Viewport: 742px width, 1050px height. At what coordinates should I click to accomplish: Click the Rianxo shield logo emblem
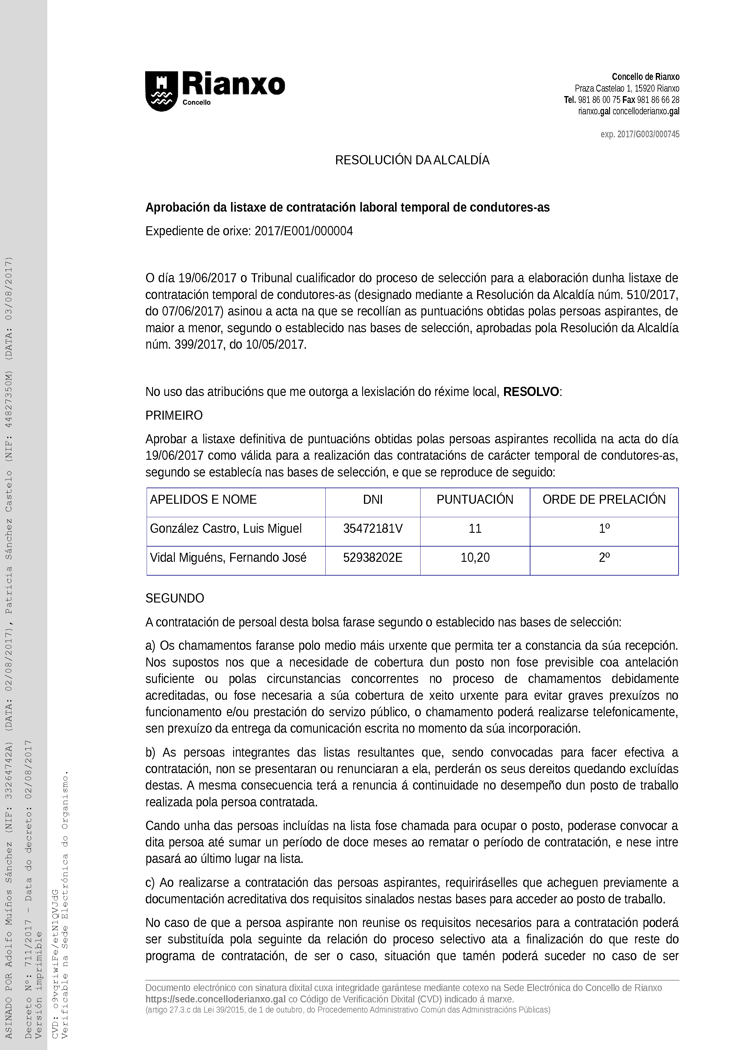click(161, 91)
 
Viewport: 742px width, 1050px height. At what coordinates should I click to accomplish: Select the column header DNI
click(373, 499)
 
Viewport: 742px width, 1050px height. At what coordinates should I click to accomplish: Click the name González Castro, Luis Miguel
click(226, 529)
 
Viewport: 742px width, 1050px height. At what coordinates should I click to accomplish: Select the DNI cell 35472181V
click(373, 529)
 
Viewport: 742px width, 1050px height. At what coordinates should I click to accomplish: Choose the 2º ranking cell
click(604, 557)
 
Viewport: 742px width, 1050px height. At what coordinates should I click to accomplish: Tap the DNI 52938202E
click(373, 557)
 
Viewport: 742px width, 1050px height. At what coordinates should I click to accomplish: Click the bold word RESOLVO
click(531, 392)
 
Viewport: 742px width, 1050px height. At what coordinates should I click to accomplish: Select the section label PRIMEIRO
click(174, 416)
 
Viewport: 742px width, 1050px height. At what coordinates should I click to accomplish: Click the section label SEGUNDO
click(175, 599)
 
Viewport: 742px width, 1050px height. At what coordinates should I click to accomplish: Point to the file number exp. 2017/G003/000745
click(640, 134)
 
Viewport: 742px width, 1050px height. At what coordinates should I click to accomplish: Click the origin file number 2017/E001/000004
click(304, 231)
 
